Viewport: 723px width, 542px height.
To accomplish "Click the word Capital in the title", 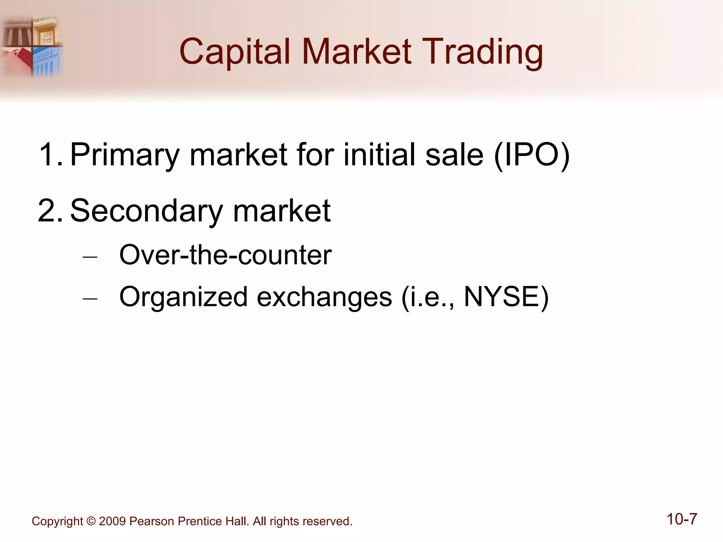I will click(x=234, y=52).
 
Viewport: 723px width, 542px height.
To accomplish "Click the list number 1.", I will click(x=49, y=154).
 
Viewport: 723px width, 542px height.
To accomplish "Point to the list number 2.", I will click(x=49, y=211).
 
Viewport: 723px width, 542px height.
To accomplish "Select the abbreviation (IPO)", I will click(x=532, y=155).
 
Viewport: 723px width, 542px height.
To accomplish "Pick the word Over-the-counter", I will click(x=225, y=255).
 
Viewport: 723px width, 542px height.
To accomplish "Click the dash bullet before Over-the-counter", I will click(x=90, y=257).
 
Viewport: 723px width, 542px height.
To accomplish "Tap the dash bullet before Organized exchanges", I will click(x=90, y=299).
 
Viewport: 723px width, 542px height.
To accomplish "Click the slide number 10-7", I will click(x=682, y=519).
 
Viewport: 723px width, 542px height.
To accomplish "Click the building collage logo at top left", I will click(x=32, y=46).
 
